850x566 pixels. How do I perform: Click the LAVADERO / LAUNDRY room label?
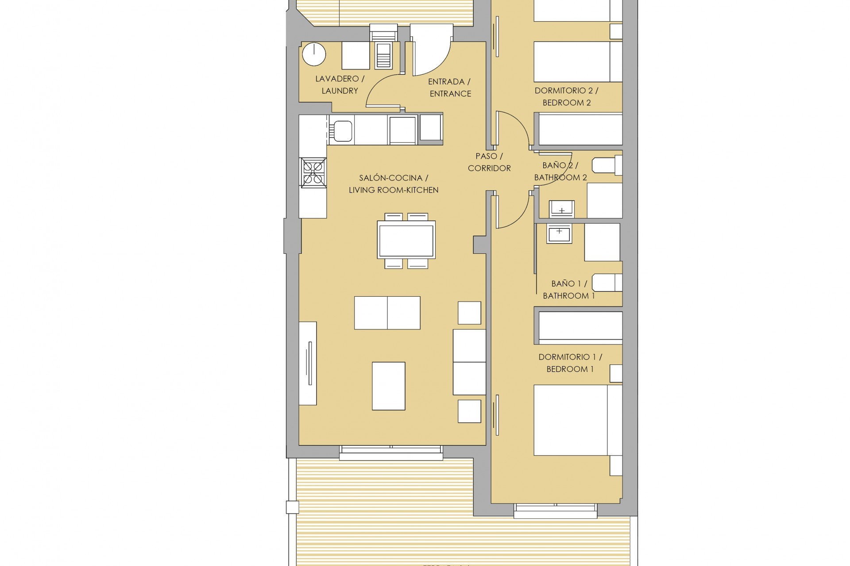pyautogui.click(x=340, y=84)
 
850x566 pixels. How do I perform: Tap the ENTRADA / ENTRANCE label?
pyautogui.click(x=450, y=88)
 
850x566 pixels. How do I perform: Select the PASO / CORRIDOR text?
pyautogui.click(x=489, y=162)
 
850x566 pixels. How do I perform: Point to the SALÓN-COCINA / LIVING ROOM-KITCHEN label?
pyautogui.click(x=394, y=184)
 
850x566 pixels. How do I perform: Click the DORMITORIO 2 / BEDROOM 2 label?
pyautogui.click(x=566, y=96)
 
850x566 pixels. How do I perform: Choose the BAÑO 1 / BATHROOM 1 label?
pyautogui.click(x=569, y=290)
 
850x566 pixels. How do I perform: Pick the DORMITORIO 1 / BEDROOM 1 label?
pyautogui.click(x=570, y=363)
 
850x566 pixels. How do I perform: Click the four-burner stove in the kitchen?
pyautogui.click(x=313, y=172)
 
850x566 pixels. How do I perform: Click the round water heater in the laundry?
pyautogui.click(x=314, y=55)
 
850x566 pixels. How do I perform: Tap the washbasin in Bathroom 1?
pyautogui.click(x=560, y=233)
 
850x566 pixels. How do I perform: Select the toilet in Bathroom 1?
pyautogui.click(x=607, y=282)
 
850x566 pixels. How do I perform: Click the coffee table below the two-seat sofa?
pyautogui.click(x=388, y=386)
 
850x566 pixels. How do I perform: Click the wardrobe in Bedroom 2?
pyautogui.click(x=580, y=130)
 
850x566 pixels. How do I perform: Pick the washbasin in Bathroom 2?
pyautogui.click(x=561, y=209)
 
